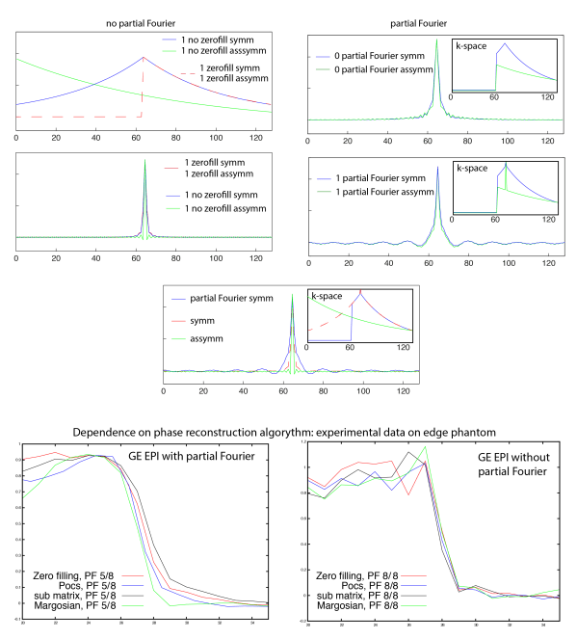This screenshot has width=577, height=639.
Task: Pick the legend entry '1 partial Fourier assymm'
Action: tap(375, 193)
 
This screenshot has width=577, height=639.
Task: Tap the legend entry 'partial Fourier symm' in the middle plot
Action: tap(232, 299)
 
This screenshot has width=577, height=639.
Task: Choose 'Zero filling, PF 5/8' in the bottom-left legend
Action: tap(72, 574)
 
